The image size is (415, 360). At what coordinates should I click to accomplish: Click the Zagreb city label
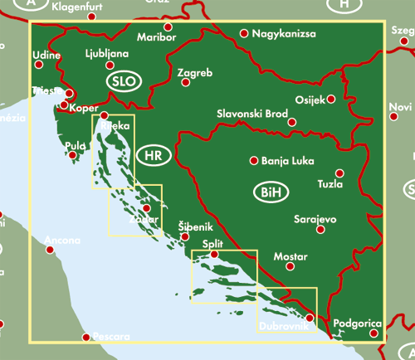click(196, 74)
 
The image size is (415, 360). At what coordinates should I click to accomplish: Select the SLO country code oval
click(124, 81)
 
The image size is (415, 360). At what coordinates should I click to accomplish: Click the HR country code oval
click(153, 155)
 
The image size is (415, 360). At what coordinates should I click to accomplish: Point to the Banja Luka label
click(285, 162)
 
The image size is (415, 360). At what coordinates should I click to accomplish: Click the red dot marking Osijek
click(331, 99)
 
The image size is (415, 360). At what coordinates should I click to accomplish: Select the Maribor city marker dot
click(168, 27)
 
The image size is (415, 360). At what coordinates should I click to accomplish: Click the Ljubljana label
click(107, 53)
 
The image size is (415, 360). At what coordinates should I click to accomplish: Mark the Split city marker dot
click(214, 255)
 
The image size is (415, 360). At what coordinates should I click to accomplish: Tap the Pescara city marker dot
click(85, 337)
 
